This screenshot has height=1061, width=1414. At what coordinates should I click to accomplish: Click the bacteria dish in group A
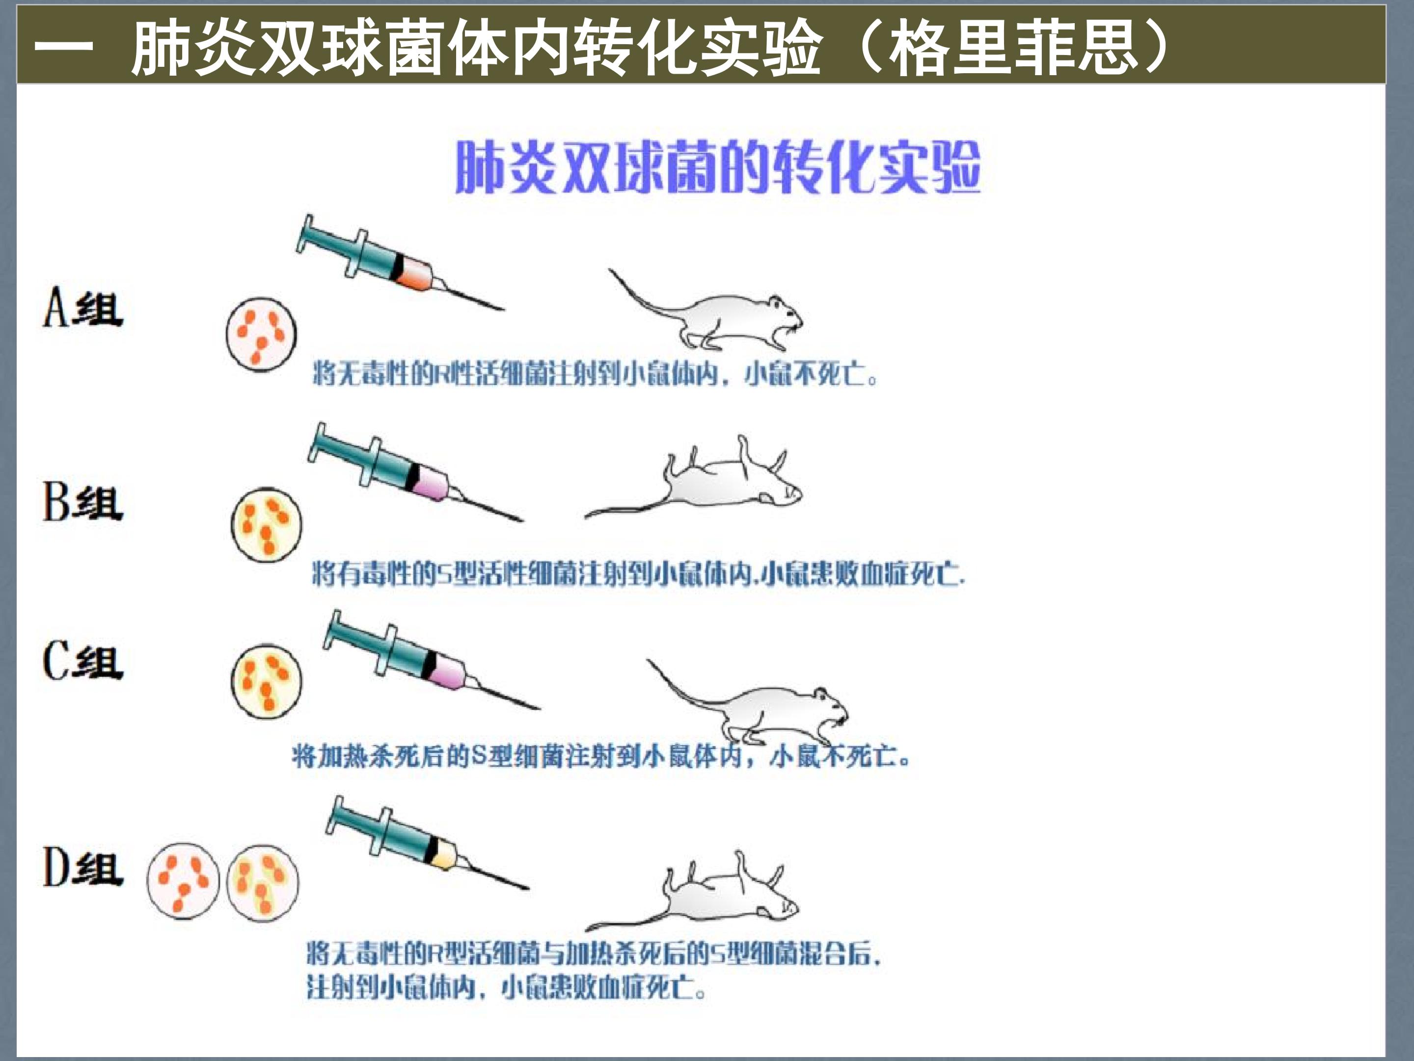point(261,335)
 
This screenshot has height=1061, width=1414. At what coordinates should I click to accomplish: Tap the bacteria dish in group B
point(267,525)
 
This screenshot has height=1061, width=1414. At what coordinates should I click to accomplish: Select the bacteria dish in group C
point(266,682)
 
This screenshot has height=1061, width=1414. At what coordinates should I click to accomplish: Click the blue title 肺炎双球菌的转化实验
point(717,167)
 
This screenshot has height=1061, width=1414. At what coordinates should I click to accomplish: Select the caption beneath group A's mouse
point(595,373)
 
